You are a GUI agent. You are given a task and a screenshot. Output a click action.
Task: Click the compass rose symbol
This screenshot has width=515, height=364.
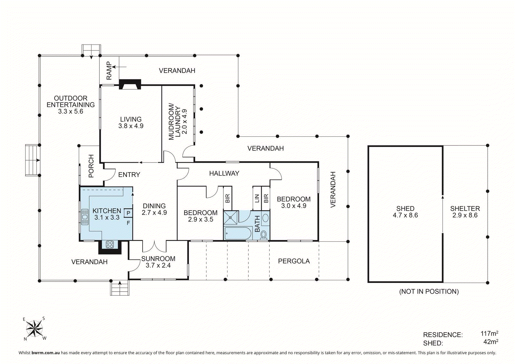click(34, 328)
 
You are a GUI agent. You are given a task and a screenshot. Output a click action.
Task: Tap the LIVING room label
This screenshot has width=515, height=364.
click(131, 119)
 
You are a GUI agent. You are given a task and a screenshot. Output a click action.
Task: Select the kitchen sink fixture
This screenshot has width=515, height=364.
click(85, 217)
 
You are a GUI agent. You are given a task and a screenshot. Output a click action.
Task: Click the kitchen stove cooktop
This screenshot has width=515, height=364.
click(110, 244)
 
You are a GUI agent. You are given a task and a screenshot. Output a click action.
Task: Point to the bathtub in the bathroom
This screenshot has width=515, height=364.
click(238, 233)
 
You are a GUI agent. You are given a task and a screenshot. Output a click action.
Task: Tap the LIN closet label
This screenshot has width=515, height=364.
click(257, 199)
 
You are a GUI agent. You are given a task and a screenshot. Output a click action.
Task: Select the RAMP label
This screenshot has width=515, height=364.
click(109, 70)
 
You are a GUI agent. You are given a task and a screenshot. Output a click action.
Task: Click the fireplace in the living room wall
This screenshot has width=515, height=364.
click(130, 84)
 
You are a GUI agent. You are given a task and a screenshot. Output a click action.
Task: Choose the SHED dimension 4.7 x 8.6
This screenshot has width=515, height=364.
click(405, 215)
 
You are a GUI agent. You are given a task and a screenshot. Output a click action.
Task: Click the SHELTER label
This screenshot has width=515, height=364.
click(465, 209)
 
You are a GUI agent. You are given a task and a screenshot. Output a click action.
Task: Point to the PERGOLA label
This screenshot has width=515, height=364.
click(294, 261)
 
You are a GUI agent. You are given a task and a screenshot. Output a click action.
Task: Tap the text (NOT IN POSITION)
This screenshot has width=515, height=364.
click(429, 292)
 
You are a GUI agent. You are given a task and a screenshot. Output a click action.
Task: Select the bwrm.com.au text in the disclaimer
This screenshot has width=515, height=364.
click(45, 353)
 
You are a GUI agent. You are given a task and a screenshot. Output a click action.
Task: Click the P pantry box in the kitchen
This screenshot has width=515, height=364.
click(128, 213)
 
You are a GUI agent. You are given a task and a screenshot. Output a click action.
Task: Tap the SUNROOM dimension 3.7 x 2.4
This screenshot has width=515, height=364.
click(158, 265)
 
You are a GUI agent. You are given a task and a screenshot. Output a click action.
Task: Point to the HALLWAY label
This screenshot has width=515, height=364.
click(224, 173)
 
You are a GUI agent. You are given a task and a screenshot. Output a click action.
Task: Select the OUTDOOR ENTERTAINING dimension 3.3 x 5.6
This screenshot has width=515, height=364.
click(70, 112)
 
